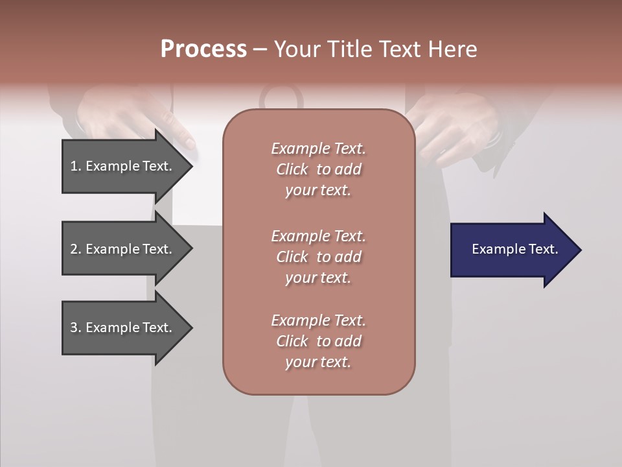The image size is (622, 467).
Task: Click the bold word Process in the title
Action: tap(203, 49)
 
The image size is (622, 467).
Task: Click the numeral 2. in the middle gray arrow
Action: tap(76, 249)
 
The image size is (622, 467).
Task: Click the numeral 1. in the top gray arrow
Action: tap(76, 166)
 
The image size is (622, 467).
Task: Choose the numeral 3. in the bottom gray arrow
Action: tap(76, 328)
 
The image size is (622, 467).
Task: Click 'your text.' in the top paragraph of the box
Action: tap(318, 190)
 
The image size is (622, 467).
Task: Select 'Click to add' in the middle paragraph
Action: tap(318, 257)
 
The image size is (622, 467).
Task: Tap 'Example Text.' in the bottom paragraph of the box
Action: tap(318, 320)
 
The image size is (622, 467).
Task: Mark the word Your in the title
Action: tap(297, 49)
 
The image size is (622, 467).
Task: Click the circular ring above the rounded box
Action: tap(281, 97)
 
